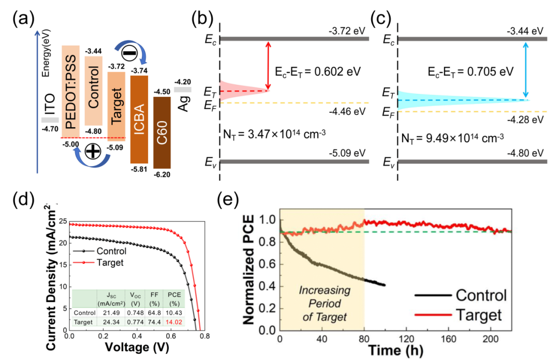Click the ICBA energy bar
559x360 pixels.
(x=139, y=119)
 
